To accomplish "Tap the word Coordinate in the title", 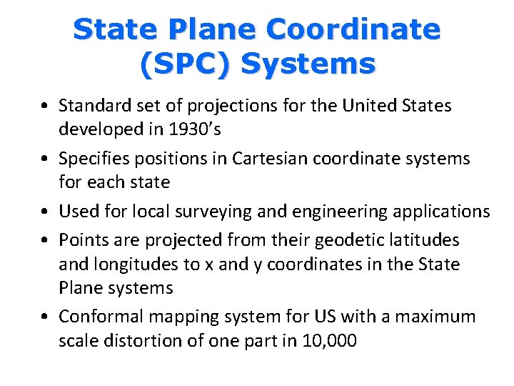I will click(x=353, y=29).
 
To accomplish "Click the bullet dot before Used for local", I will click(x=45, y=212).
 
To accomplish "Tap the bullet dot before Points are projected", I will click(x=45, y=239).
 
